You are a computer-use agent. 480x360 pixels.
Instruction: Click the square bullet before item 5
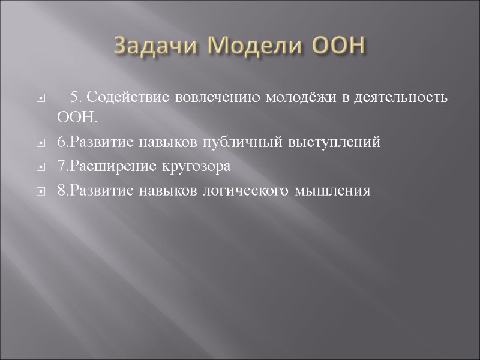40,98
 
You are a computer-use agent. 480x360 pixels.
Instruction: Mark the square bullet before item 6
40,143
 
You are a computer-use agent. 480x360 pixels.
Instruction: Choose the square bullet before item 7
40,167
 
